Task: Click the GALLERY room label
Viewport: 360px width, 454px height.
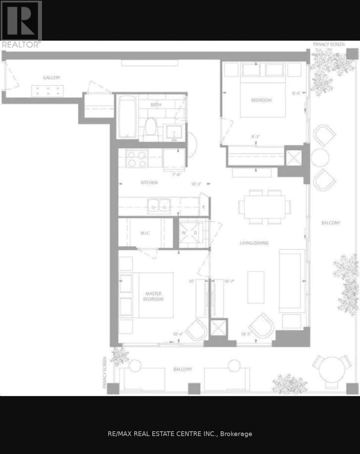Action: (x=51, y=78)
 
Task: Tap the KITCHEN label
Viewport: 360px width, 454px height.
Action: (x=149, y=182)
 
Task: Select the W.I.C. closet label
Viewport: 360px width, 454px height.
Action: (x=145, y=233)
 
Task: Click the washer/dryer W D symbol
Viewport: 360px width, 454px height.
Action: (x=190, y=233)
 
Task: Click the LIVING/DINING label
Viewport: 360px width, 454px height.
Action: (x=254, y=243)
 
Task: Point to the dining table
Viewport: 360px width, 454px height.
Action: (x=264, y=207)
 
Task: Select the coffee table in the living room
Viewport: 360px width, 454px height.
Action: (x=256, y=287)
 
